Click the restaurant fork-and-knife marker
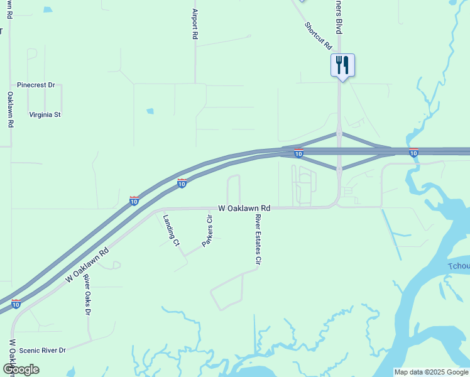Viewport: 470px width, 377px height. (x=342, y=65)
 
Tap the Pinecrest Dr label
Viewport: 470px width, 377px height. (x=36, y=85)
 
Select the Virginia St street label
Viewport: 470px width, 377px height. (x=45, y=115)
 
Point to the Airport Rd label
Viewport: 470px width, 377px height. (x=195, y=25)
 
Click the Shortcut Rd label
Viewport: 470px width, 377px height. (x=318, y=36)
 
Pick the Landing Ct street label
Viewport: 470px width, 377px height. (x=172, y=230)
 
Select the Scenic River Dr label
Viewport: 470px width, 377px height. (x=42, y=351)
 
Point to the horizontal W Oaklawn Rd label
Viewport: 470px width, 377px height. (x=244, y=207)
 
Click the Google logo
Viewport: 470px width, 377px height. (x=21, y=369)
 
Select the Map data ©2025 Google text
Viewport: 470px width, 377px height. (x=431, y=372)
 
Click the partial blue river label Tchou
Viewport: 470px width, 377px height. (x=459, y=266)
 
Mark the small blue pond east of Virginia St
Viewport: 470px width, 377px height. (x=150, y=111)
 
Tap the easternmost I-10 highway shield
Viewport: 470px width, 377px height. (x=413, y=153)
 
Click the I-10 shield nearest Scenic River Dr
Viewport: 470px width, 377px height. (x=16, y=304)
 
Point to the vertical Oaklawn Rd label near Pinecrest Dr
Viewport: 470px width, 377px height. (x=11, y=110)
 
